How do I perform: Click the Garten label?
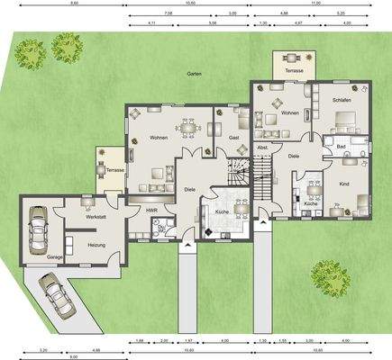[x=194, y=74]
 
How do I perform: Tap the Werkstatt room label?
[x=86, y=216]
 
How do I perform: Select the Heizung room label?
[x=97, y=245]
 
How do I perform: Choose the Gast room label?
[x=233, y=137]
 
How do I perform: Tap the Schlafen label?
[x=341, y=100]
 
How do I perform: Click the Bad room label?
[x=342, y=145]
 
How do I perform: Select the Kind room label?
[x=343, y=184]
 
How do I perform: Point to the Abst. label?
[x=263, y=147]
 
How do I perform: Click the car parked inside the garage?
[x=39, y=230]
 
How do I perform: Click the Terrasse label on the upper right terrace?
[x=294, y=68]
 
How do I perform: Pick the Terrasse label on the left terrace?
[x=114, y=169]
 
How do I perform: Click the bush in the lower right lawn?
[x=330, y=279]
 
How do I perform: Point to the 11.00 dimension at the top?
[x=315, y=4]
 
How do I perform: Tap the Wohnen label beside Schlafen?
[x=289, y=113]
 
